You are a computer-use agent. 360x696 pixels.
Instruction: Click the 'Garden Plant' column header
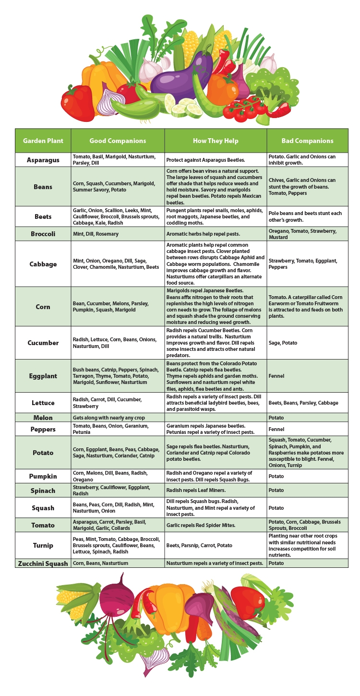tap(43, 141)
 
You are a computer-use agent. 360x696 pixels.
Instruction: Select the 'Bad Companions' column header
tap(307, 141)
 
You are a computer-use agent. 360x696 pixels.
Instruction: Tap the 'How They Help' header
tap(216, 141)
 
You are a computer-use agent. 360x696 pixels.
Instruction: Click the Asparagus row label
tap(43, 160)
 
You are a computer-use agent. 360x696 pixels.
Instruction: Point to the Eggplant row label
tap(43, 376)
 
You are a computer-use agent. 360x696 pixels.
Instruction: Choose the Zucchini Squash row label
tap(43, 564)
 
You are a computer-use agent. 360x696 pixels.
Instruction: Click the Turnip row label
tap(43, 545)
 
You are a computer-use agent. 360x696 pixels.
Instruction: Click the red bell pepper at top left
tap(77, 103)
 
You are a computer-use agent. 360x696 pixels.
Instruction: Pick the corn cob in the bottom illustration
tap(72, 600)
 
